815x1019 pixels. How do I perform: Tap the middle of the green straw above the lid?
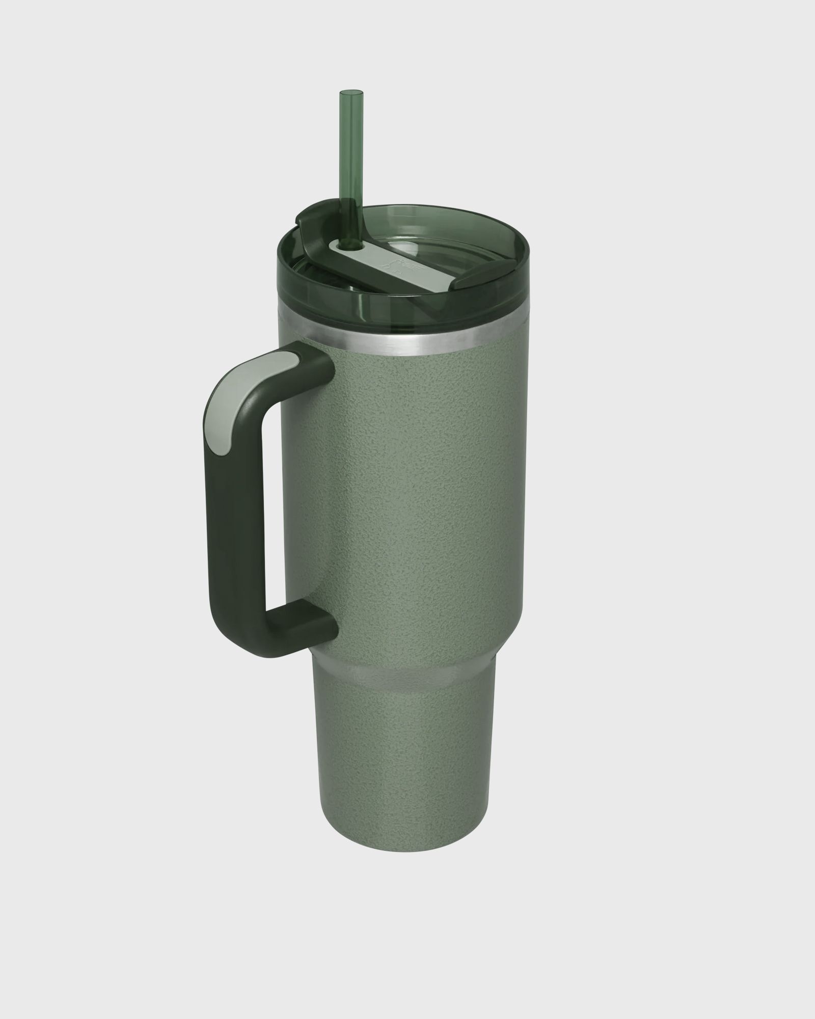[x=349, y=148]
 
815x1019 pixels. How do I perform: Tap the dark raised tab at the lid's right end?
[x=468, y=280]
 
